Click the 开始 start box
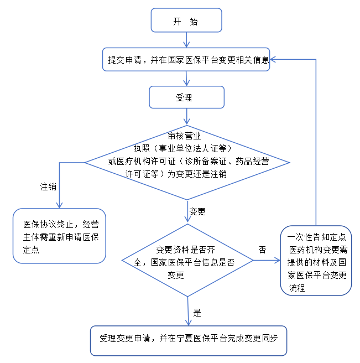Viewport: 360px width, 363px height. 186,22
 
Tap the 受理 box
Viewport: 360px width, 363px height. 186,97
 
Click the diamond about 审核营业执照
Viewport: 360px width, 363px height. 186,162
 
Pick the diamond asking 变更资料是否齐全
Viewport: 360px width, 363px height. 187,260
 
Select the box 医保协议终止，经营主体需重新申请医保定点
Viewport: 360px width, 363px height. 59,235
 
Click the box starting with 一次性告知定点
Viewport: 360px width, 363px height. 316,260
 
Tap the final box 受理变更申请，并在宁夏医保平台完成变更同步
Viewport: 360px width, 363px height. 189,339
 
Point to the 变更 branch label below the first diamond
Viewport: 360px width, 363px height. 197,211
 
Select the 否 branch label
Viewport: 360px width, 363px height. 262,250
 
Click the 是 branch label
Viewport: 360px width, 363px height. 197,312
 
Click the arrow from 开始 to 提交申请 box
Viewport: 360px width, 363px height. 187,40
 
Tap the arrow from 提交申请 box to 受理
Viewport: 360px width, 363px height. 187,79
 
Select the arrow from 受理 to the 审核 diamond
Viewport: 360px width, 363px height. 187,117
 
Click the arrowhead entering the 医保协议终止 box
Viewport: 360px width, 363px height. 59,204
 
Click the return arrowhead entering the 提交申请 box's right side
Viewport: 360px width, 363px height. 275,60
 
